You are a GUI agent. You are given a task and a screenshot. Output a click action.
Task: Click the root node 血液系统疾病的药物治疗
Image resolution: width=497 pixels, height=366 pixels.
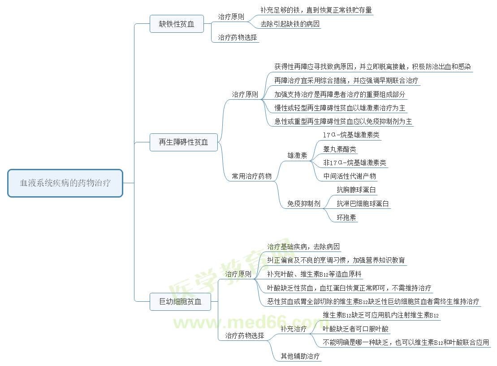65,183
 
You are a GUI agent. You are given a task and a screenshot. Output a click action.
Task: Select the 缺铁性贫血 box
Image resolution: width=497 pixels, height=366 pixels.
177,24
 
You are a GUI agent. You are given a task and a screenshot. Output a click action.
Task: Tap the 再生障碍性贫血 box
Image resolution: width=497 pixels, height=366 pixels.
183,142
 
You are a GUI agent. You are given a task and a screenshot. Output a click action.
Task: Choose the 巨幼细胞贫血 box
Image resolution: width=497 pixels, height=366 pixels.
180,302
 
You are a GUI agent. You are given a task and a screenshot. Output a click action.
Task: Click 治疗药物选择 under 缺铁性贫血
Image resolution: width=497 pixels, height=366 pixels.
238,38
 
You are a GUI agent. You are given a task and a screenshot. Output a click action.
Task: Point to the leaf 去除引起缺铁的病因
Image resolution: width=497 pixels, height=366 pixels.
290,24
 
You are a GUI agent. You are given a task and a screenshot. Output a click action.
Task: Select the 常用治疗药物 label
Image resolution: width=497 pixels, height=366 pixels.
251,176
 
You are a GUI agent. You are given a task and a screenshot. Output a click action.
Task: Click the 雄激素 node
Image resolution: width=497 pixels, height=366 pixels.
297,156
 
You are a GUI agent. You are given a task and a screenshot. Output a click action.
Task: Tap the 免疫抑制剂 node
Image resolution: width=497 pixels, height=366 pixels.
304,204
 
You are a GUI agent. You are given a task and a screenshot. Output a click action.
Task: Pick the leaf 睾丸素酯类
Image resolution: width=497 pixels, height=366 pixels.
340,149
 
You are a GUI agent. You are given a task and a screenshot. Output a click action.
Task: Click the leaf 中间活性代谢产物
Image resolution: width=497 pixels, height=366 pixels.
350,176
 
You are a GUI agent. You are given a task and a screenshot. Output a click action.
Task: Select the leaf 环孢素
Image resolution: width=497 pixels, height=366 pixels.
346,218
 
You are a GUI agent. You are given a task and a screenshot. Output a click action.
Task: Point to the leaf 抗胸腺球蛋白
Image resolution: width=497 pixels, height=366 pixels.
356,190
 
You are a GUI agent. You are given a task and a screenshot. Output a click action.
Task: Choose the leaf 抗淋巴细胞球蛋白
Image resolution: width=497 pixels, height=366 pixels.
363,204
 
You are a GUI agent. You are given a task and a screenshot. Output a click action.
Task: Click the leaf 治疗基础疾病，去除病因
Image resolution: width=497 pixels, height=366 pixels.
303,247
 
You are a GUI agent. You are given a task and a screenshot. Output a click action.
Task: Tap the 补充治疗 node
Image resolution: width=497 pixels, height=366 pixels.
294,329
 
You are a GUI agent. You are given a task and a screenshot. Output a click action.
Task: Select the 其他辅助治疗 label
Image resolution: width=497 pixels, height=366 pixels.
300,357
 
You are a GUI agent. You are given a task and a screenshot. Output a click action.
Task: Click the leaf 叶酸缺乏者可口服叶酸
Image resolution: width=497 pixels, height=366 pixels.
356,329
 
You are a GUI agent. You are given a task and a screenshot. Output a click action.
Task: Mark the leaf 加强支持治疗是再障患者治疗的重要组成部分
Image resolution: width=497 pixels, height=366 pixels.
340,94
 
